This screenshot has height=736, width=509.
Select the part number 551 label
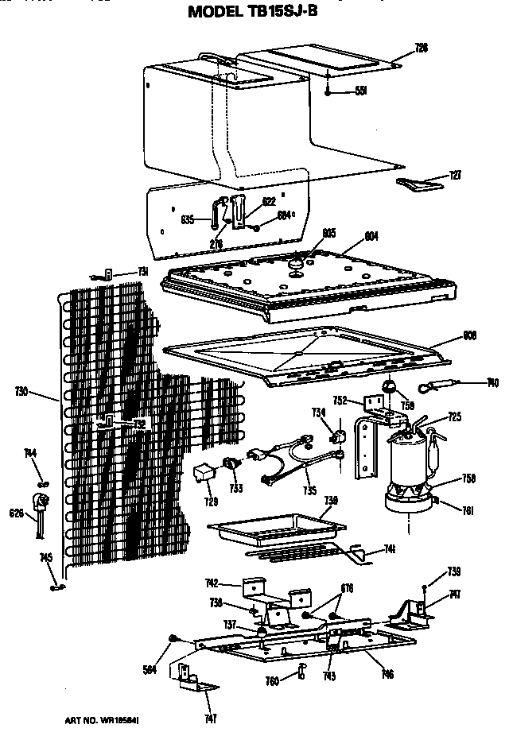360,91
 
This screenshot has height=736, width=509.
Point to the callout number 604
371,236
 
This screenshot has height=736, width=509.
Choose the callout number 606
469,335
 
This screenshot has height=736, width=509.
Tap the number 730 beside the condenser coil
21,391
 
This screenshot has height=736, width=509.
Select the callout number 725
454,416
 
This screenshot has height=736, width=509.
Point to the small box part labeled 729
204,474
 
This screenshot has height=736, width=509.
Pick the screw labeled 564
173,638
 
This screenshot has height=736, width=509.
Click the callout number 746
387,675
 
